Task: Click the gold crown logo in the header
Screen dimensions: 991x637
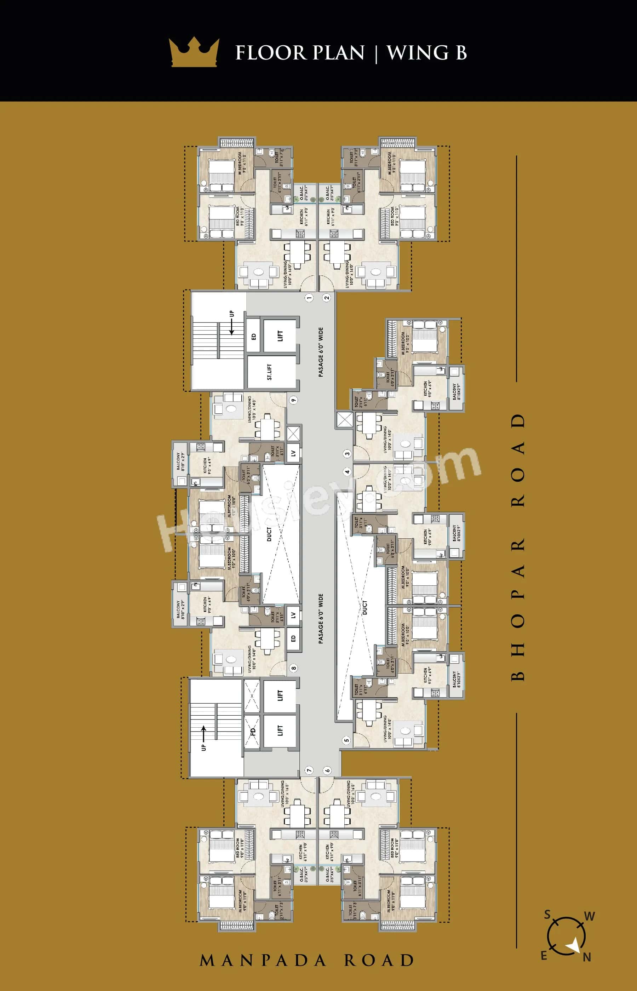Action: pos(194,52)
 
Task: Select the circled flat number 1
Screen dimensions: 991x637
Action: pos(309,297)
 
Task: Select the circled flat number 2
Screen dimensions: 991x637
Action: pos(327,297)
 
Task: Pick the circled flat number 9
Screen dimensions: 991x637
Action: pos(293,400)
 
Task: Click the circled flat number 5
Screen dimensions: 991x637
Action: pos(346,740)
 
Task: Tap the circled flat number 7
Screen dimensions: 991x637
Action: pos(309,770)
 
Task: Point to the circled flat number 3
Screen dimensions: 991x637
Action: pos(347,454)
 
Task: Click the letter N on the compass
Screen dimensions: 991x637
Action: pos(586,957)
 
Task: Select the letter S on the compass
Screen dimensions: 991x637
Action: pos(547,915)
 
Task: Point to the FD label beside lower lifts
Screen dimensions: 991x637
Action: pos(253,731)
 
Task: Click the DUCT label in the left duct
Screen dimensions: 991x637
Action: pos(269,534)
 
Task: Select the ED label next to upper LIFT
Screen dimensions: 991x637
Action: pos(253,336)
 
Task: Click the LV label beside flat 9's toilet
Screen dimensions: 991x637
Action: pos(293,453)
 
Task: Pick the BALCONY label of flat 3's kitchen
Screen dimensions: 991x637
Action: pos(456,391)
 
